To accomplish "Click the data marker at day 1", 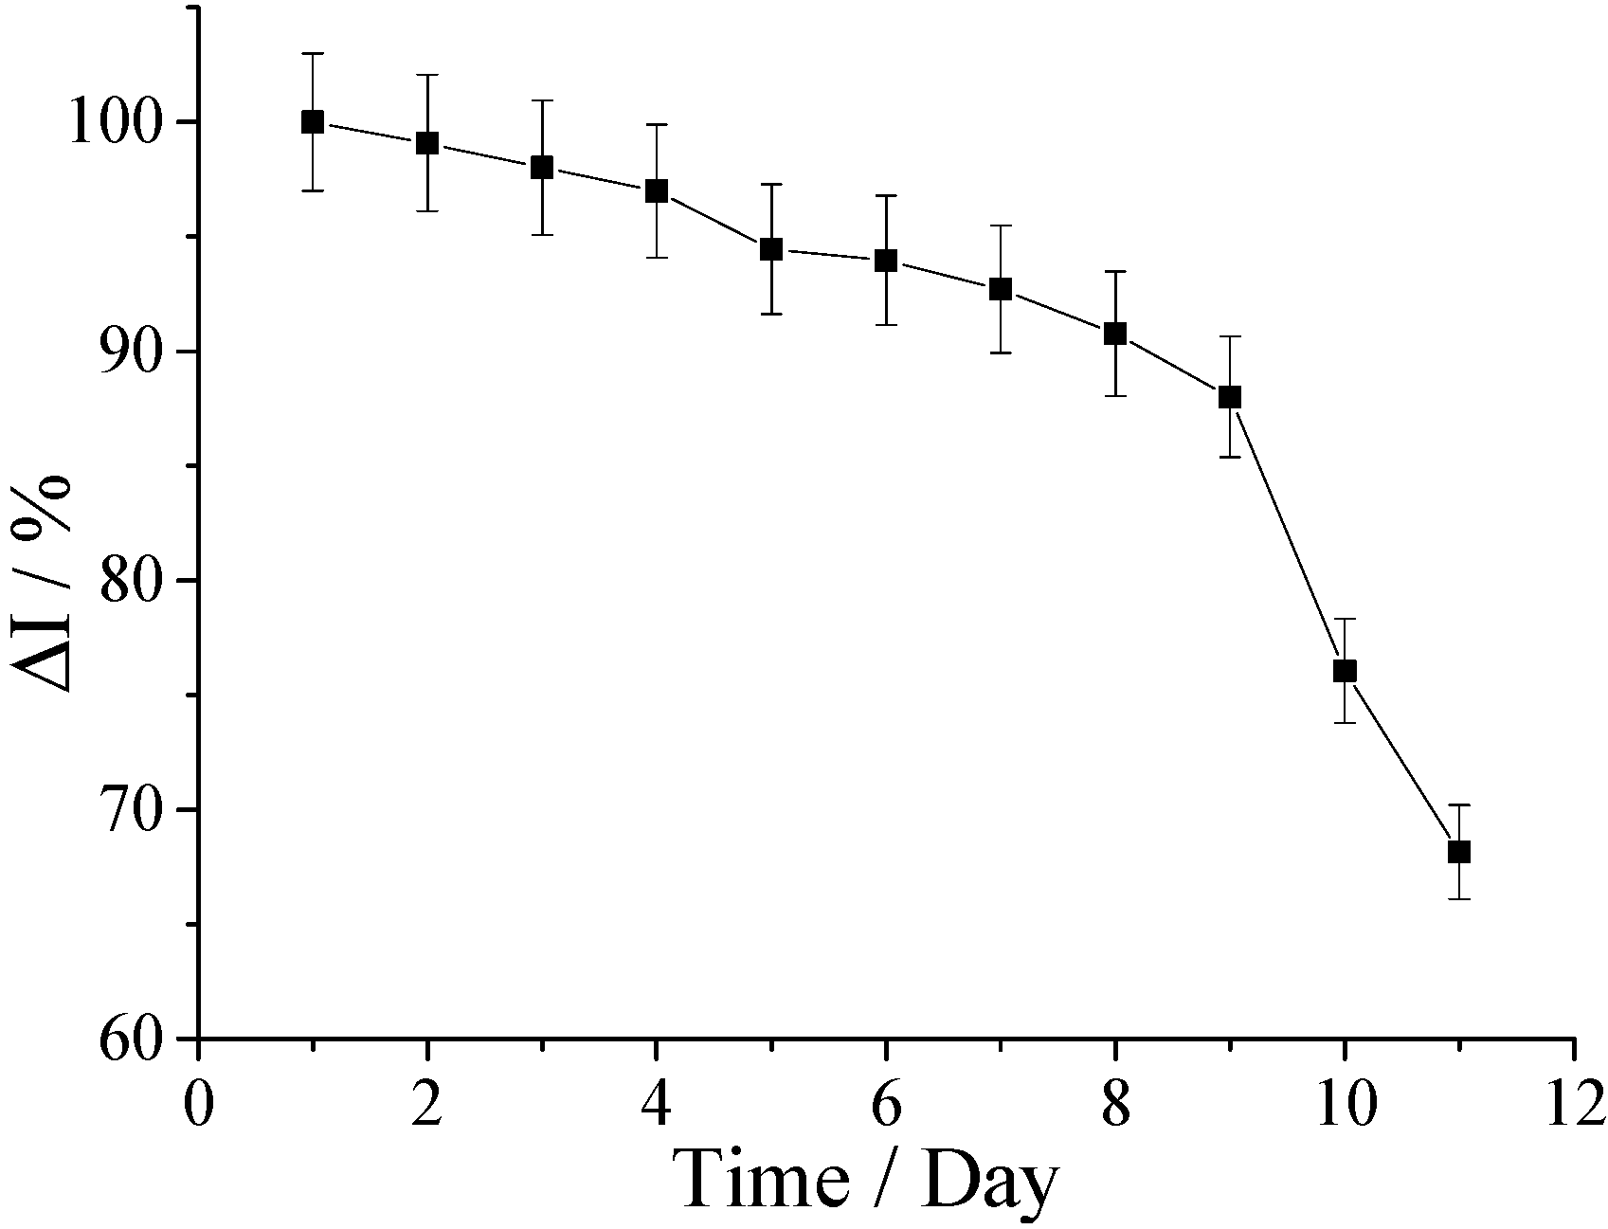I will click(x=313, y=122).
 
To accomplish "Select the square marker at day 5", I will click(x=771, y=250).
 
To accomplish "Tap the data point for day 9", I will click(x=1230, y=397).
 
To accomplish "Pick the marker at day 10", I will click(x=1345, y=671).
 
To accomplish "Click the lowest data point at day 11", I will click(x=1459, y=852).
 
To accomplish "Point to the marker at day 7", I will click(x=1001, y=290).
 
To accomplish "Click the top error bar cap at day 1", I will click(x=313, y=54).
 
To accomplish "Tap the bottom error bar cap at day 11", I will click(x=1459, y=898).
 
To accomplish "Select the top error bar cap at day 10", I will click(x=1345, y=619).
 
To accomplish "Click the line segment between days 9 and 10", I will click(x=1287, y=533).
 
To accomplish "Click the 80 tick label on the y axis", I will click(x=131, y=581).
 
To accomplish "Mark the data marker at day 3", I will click(x=542, y=168).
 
